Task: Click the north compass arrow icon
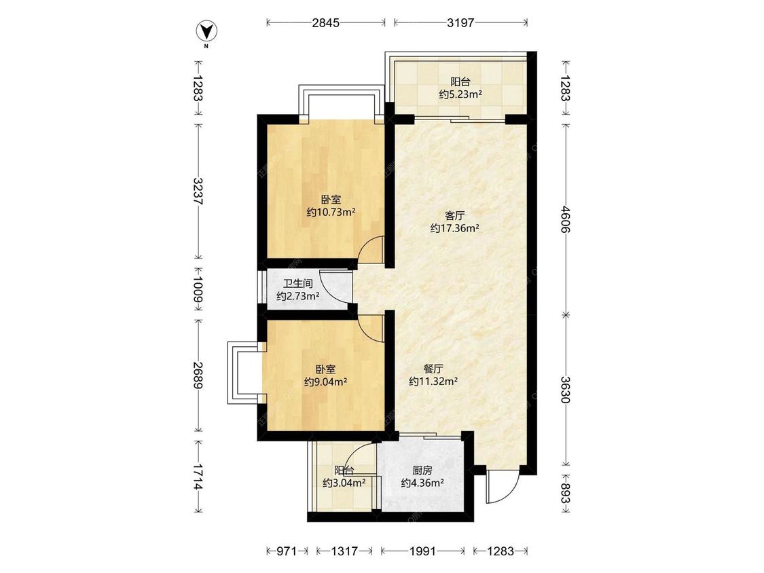coord(206,31)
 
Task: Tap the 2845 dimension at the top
coord(326,22)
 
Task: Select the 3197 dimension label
coord(460,22)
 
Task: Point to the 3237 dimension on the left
coord(198,191)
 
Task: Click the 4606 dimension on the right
coord(565,219)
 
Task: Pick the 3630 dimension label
coord(565,390)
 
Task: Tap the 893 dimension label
coord(565,493)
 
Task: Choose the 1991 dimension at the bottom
coord(422,551)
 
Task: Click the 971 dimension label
coord(287,551)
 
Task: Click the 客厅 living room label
coord(454,215)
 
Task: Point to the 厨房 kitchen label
coord(422,470)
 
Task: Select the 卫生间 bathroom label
coord(297,284)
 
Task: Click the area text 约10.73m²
coord(331,212)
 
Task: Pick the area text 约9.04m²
coord(325,382)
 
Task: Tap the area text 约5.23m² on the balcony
coord(460,94)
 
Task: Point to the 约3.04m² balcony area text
coord(344,483)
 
